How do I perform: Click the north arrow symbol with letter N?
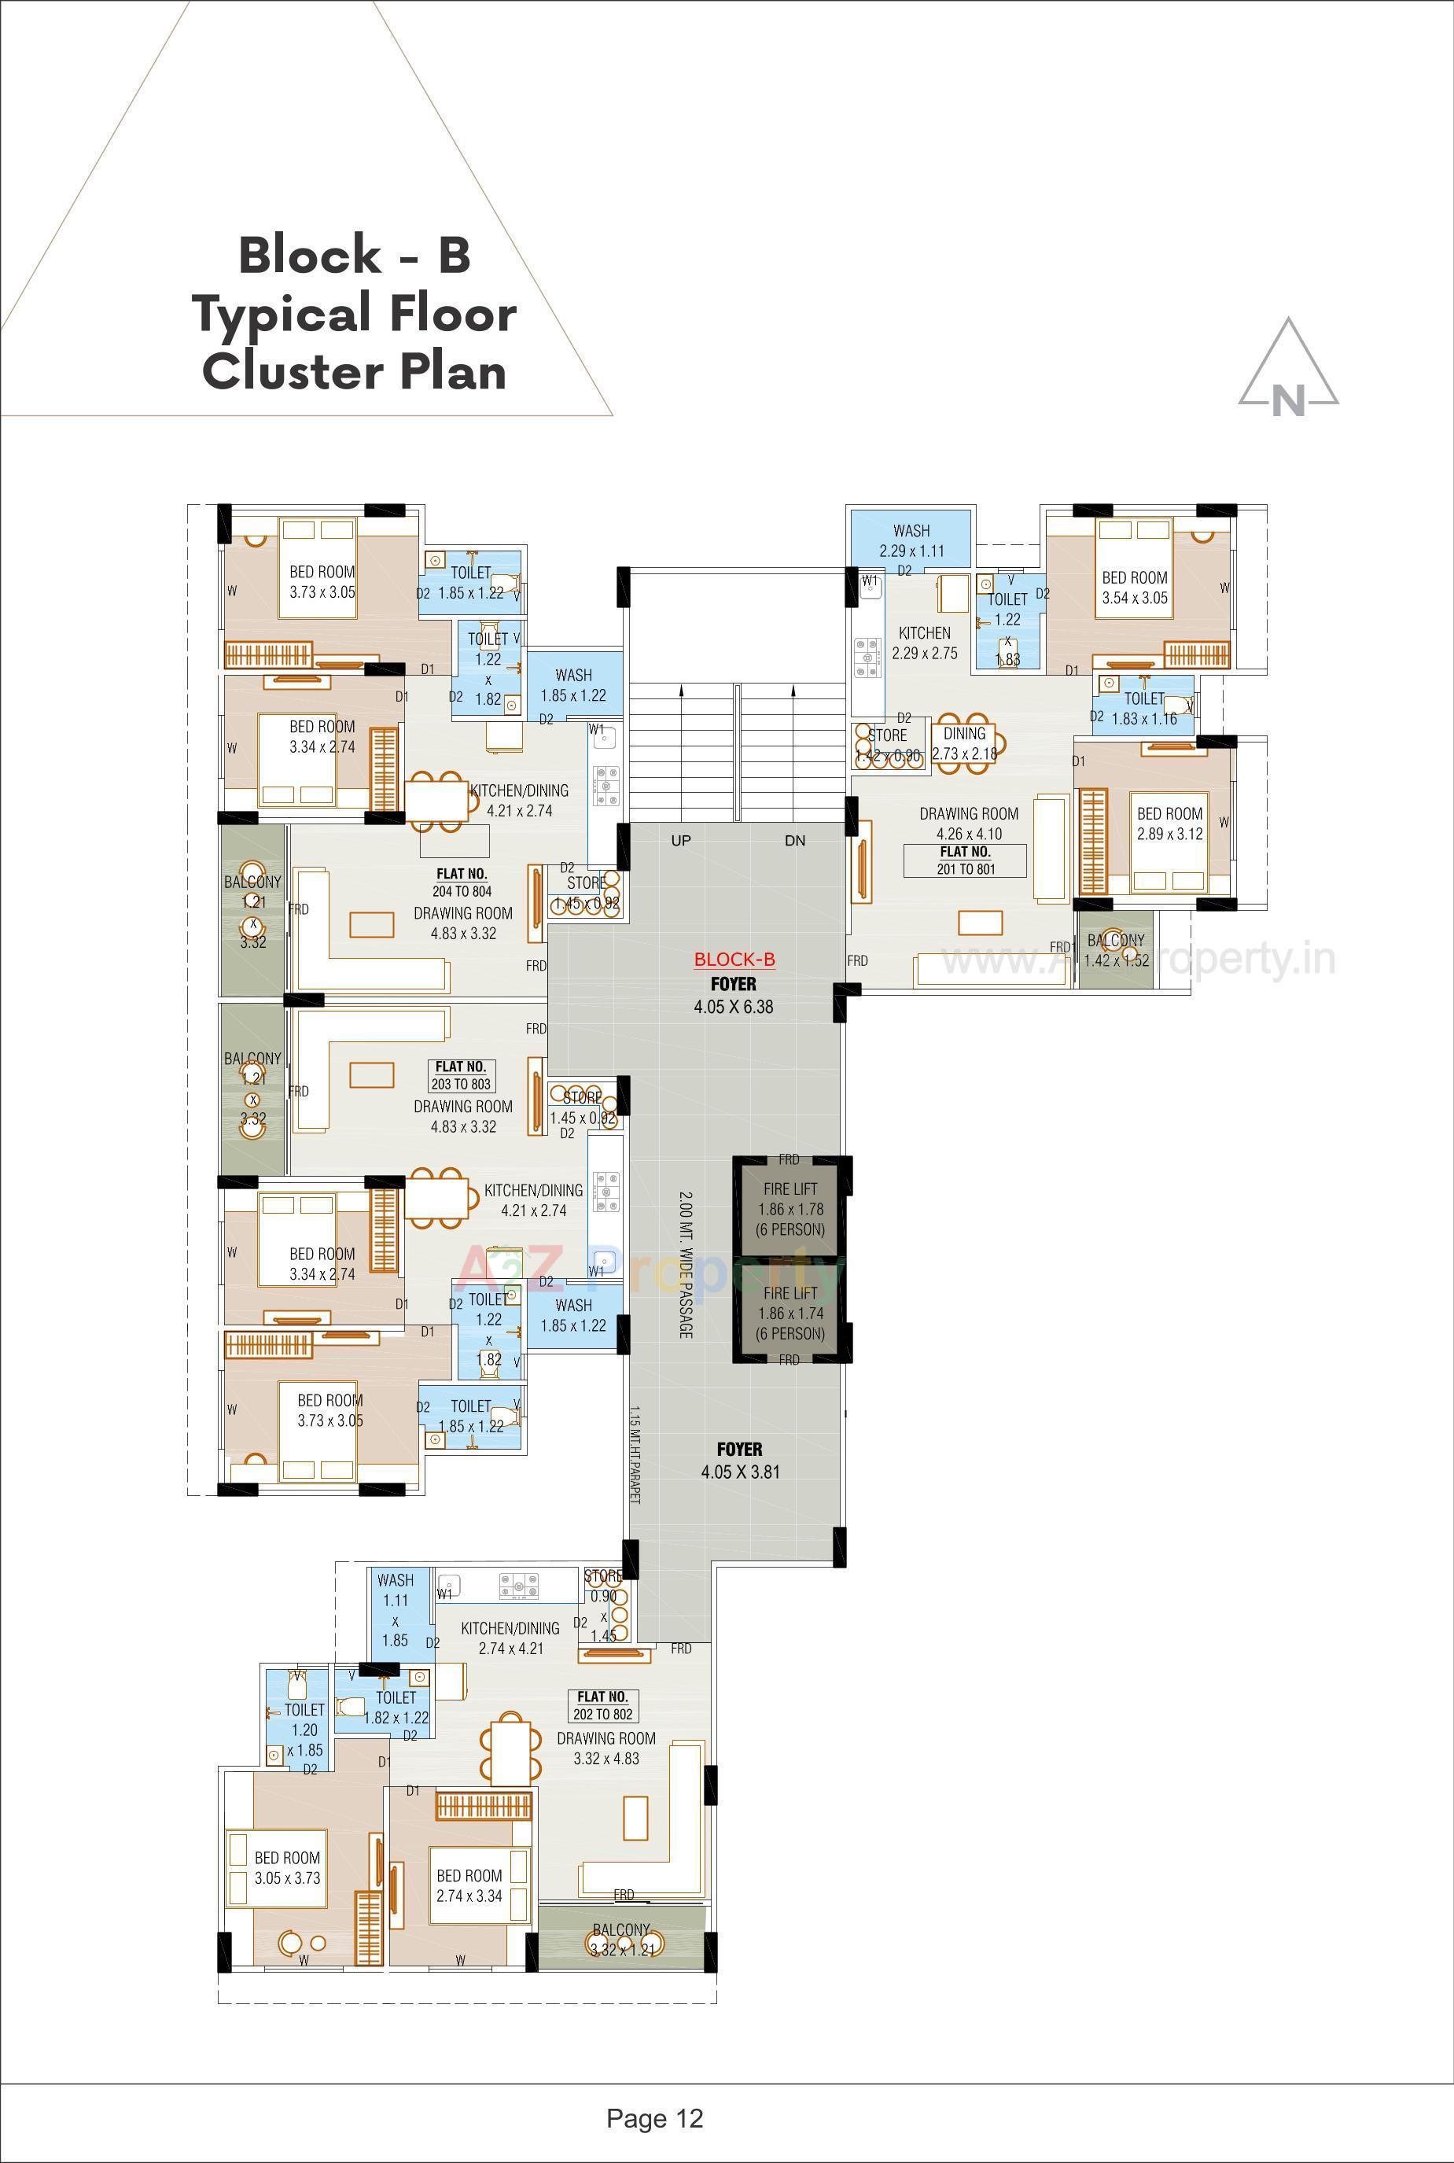(x=1288, y=371)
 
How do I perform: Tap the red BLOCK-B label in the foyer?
(x=734, y=960)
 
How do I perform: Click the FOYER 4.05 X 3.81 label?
(x=739, y=1461)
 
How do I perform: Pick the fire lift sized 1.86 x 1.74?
(x=790, y=1313)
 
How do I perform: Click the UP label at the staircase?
(x=681, y=840)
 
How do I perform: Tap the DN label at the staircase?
(x=795, y=840)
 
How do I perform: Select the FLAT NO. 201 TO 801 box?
(x=966, y=860)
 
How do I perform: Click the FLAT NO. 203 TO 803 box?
(x=461, y=1075)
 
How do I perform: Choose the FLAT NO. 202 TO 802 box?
(x=602, y=1704)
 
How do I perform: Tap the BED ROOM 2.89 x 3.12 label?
(x=1169, y=824)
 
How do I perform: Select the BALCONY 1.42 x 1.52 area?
(x=1116, y=950)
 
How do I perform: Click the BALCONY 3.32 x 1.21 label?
(x=621, y=1939)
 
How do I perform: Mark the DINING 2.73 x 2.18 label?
(x=963, y=744)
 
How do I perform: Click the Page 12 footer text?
(x=655, y=2118)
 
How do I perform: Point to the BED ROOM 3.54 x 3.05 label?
(x=1134, y=587)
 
